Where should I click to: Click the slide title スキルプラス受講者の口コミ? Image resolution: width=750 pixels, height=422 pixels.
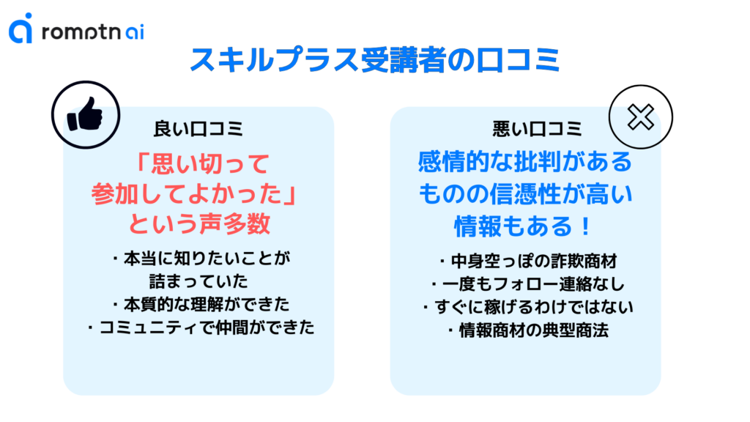tap(374, 61)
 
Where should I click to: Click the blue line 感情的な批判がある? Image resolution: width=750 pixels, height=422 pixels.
tap(524, 162)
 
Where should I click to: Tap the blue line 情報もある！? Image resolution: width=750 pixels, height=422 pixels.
tap(524, 225)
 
